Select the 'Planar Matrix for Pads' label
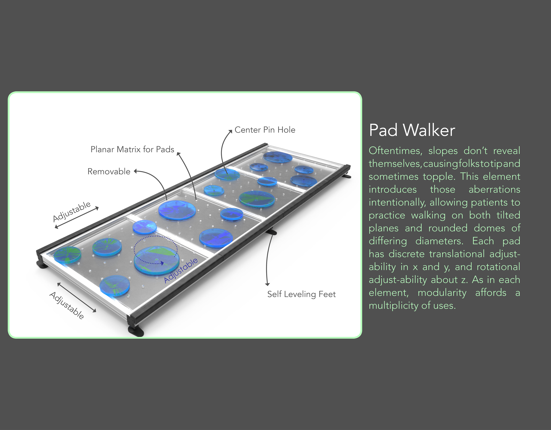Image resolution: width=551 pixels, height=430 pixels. coord(132,149)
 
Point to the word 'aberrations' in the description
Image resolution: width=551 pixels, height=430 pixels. coord(494,189)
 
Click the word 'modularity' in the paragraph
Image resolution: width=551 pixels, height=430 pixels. coord(442,293)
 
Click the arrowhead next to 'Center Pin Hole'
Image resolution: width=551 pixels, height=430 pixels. coord(230,131)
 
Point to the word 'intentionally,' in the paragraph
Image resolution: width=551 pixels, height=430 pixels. coord(397,202)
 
